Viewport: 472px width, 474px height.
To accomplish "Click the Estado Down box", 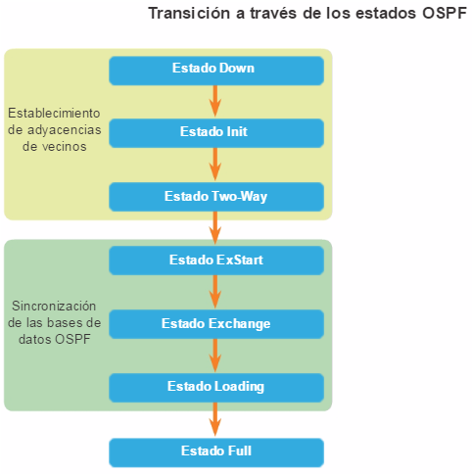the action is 216,71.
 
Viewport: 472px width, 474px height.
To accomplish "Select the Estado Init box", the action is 216,133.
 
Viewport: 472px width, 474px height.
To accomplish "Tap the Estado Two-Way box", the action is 216,197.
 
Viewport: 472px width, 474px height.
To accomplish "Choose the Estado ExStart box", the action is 216,261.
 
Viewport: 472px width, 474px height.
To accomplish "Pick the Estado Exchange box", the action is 216,324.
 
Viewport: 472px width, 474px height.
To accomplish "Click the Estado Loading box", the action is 216,388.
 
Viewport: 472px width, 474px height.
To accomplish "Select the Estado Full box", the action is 216,452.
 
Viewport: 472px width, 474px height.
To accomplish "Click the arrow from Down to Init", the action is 215,101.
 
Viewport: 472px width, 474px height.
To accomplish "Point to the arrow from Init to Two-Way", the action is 215,165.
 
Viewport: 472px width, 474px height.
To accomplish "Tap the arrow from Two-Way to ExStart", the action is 215,228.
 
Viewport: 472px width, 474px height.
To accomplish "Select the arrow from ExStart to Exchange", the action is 215,292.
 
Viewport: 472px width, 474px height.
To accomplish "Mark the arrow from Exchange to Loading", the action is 215,355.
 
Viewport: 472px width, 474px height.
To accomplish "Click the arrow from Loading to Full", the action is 215,419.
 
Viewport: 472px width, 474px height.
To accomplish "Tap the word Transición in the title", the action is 189,14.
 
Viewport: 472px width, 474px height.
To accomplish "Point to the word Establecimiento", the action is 54,113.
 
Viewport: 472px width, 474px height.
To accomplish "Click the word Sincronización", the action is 54,306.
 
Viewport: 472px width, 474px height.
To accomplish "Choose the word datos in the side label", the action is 35,339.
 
